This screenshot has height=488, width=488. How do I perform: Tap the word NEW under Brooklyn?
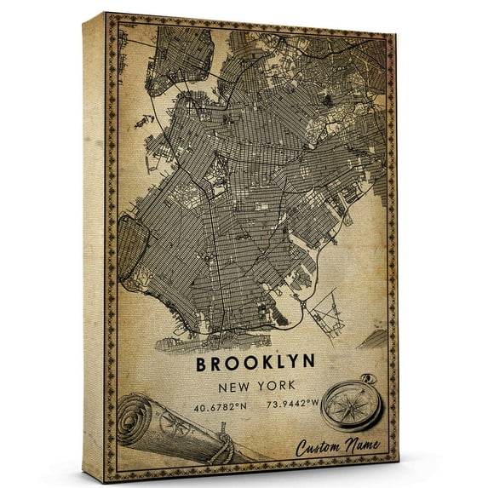tap(238, 386)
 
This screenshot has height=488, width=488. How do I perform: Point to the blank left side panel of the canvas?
tap(96, 247)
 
